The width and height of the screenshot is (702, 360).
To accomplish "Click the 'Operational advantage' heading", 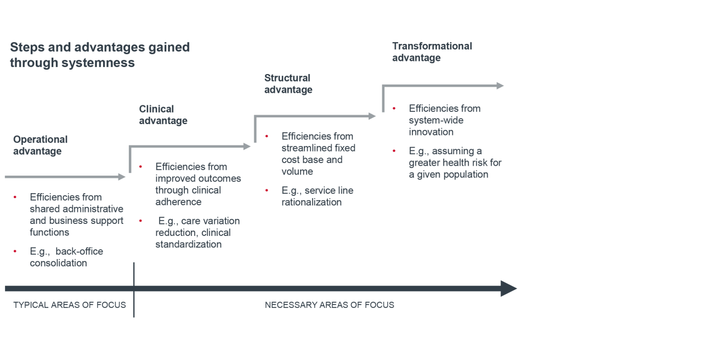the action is (x=41, y=145).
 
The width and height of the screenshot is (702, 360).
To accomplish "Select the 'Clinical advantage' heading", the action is (x=163, y=115).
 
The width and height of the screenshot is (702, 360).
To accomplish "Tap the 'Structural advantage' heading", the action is (x=288, y=84).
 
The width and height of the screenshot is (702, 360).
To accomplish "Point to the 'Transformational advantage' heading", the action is (x=432, y=52).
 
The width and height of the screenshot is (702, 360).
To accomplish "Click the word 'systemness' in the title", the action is (x=98, y=63).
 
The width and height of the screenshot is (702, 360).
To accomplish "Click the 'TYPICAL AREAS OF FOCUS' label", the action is (x=70, y=305).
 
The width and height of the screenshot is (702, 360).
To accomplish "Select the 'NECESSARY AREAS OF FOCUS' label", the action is (x=330, y=305).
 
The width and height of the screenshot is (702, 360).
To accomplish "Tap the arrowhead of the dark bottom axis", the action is (x=508, y=289).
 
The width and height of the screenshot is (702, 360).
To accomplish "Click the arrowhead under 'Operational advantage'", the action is (x=122, y=177).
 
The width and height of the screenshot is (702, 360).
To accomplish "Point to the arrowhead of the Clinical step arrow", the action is (x=247, y=147).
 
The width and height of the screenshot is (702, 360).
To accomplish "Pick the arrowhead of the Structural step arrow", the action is (x=372, y=116).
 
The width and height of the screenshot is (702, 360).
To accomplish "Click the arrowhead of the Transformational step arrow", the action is (x=500, y=86).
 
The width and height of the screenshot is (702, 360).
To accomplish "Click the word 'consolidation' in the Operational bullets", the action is (x=58, y=263).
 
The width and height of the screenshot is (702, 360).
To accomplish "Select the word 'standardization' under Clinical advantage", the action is (x=188, y=244).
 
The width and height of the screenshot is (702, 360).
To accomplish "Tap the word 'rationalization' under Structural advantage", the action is (x=312, y=203).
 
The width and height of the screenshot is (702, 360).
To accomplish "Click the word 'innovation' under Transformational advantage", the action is (x=431, y=132).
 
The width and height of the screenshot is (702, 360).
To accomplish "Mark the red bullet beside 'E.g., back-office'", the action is (x=15, y=251).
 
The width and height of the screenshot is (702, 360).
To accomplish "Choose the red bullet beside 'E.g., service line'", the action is (x=267, y=190).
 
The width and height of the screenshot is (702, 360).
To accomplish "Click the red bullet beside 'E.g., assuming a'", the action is (x=394, y=151).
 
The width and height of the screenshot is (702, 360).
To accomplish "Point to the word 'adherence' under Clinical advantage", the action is (x=178, y=202).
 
